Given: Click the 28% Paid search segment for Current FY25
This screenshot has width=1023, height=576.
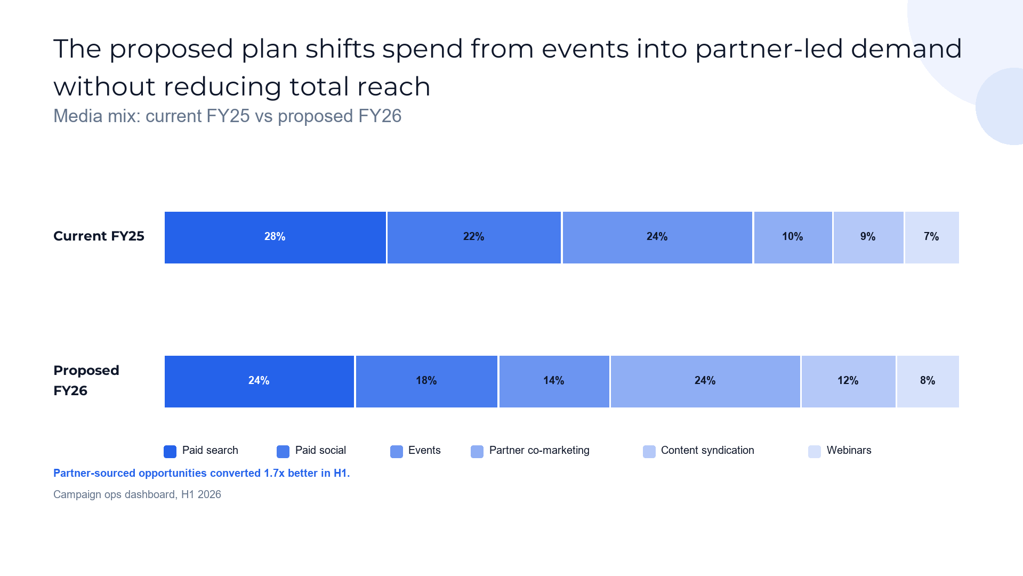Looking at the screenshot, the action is [275, 237].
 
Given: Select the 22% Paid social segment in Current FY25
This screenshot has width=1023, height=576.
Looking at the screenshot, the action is [474, 237].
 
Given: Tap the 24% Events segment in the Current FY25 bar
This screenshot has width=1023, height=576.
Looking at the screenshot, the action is [657, 237].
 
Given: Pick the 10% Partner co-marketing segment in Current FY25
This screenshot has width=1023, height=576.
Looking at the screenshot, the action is [793, 237].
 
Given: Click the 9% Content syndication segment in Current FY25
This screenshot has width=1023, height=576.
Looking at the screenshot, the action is [868, 237].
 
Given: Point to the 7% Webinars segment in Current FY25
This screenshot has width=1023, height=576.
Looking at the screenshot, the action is [932, 237].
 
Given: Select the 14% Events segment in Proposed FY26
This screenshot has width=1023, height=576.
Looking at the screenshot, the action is [554, 381].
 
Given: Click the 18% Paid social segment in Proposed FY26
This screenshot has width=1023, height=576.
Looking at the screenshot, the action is [426, 381].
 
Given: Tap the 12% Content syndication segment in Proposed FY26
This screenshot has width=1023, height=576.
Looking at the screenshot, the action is [848, 381].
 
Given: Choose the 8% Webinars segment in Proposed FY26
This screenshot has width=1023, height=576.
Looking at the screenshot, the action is [928, 381].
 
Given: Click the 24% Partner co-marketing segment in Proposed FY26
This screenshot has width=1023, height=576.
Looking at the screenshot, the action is [705, 381].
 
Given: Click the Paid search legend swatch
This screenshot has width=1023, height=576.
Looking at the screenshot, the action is [170, 452].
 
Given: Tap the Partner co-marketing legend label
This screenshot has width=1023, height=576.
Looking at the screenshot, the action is [539, 451].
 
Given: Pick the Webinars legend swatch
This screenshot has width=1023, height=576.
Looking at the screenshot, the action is [815, 452].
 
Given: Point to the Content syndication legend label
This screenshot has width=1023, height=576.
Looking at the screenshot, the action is [707, 451].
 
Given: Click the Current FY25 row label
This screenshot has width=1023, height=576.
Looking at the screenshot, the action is [99, 236].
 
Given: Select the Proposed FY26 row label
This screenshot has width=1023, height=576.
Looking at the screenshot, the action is [86, 380].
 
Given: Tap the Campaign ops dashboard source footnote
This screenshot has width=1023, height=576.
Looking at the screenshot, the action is [137, 494].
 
